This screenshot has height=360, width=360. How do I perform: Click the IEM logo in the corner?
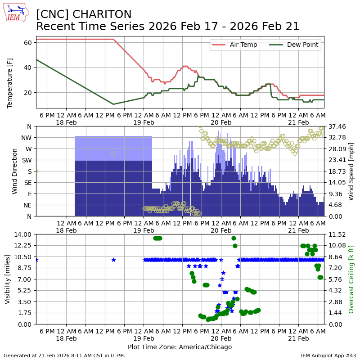point(16,13)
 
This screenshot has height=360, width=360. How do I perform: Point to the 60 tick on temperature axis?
point(27,43)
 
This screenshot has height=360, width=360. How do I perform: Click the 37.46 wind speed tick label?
point(337,126)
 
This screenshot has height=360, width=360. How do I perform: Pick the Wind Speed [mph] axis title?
point(351,171)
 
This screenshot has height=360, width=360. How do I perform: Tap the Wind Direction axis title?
point(15,171)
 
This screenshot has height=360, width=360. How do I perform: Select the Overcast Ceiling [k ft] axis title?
point(351,279)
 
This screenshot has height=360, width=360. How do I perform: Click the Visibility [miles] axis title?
point(8,279)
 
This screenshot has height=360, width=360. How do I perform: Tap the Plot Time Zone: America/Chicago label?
point(180,347)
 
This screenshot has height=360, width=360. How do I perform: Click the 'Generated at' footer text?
point(64,355)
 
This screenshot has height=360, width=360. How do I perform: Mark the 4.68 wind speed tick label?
point(335,205)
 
